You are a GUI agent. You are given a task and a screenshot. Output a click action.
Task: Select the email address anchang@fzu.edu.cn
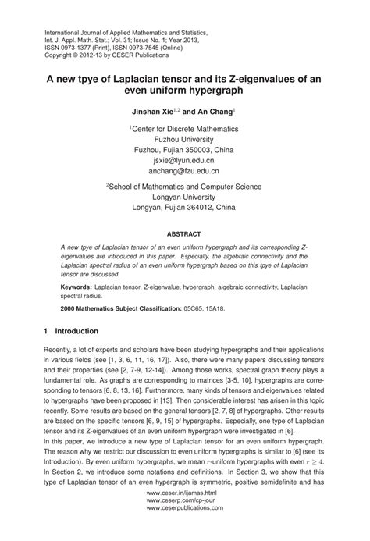(185, 169)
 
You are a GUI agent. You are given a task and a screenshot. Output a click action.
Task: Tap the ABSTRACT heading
(184, 233)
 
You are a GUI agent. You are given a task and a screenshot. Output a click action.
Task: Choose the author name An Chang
(225, 112)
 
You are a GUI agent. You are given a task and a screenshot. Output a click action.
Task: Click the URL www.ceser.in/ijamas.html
(184, 514)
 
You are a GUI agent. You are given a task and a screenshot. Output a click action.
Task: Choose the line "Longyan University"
(185, 198)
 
